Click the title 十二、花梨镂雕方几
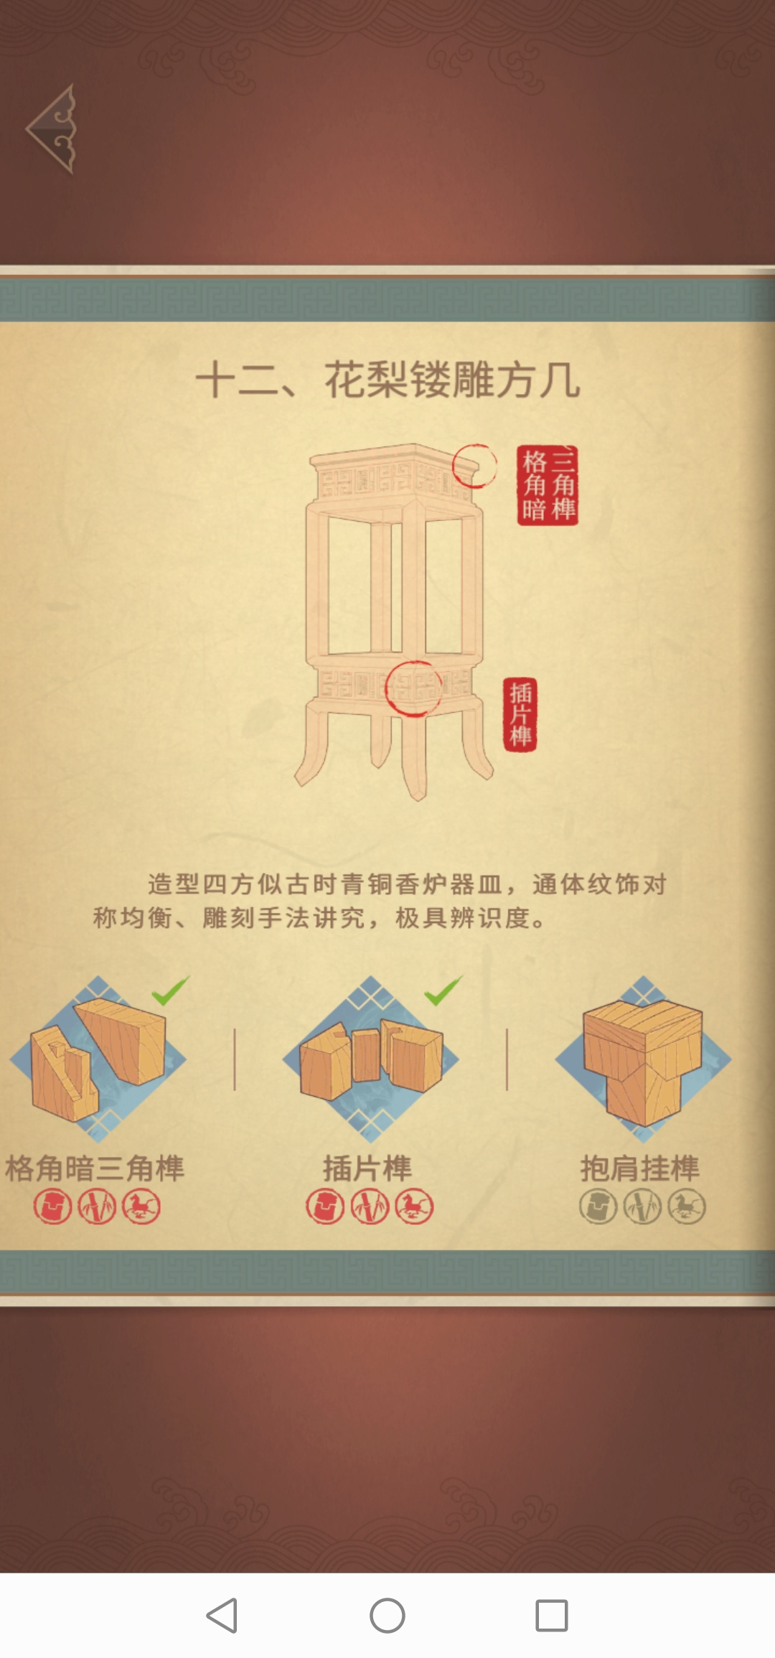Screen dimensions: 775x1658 point(387,380)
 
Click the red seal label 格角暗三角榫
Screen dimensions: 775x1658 point(548,485)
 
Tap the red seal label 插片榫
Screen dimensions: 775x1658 point(520,714)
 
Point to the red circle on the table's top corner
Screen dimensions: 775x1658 point(454,467)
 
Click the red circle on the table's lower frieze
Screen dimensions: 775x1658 point(387,689)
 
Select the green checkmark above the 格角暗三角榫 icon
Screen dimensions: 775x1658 point(170,990)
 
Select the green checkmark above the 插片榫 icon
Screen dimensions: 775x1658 point(443,990)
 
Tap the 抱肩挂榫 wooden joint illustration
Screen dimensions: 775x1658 point(643,1059)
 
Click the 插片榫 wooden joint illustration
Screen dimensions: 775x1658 point(371,1059)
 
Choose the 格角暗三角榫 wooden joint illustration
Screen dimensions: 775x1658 point(98,1059)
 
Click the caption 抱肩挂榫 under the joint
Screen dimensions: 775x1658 point(640,1168)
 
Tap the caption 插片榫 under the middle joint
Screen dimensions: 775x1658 point(367,1168)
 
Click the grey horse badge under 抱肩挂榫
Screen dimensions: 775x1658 point(687,1207)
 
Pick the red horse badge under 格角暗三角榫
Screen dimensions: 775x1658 point(141,1207)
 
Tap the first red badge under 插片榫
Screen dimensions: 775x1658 point(325,1207)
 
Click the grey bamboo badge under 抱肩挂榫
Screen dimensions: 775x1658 point(642,1207)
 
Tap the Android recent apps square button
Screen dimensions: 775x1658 point(552,1616)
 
